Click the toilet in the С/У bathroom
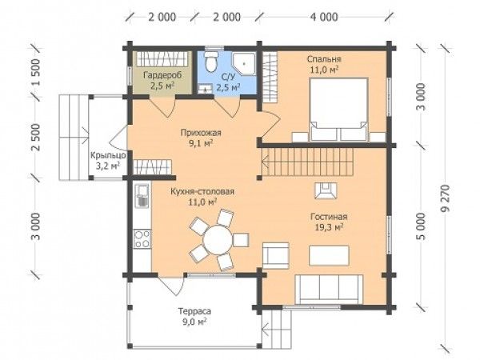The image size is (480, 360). (210, 62)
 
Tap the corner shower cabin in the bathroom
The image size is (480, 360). (244, 64)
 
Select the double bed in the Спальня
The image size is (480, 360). (338, 110)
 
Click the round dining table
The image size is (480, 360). (218, 238)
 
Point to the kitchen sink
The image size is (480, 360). (142, 195)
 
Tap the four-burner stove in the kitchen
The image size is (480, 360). (142, 238)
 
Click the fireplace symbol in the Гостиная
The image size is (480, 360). (325, 191)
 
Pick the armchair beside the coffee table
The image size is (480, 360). (276, 256)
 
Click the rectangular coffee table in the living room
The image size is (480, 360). (329, 255)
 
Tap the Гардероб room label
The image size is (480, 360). (162, 75)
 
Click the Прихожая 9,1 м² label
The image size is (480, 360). (201, 138)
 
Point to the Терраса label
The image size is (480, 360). (194, 312)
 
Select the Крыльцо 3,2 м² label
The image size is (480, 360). (108, 161)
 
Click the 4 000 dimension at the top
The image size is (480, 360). (324, 17)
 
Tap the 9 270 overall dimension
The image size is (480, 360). (446, 198)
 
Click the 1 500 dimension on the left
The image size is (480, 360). (36, 73)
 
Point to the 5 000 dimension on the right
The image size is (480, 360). (422, 226)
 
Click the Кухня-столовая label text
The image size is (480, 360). (202, 192)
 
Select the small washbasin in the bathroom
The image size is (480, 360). (205, 89)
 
